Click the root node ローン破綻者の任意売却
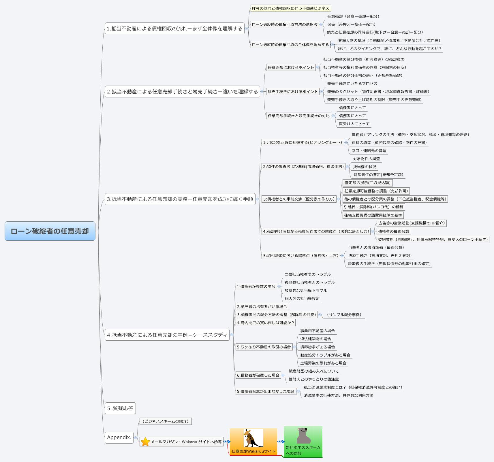[50, 231]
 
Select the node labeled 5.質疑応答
[120, 408]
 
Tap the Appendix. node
[119, 437]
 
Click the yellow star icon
[145, 442]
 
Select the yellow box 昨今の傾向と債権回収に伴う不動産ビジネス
[290, 8]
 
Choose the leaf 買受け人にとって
[354, 124]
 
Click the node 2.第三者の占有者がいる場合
[262, 307]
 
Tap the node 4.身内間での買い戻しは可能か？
[265, 323]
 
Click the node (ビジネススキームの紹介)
[166, 421]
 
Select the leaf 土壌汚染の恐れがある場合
[323, 363]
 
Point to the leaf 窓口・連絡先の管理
[369, 151]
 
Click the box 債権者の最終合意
[393, 231]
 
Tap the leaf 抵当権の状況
[365, 167]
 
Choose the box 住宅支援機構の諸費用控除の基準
[373, 215]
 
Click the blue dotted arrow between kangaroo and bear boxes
[281, 442]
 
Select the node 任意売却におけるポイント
[291, 67]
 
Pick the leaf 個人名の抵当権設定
[302, 299]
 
